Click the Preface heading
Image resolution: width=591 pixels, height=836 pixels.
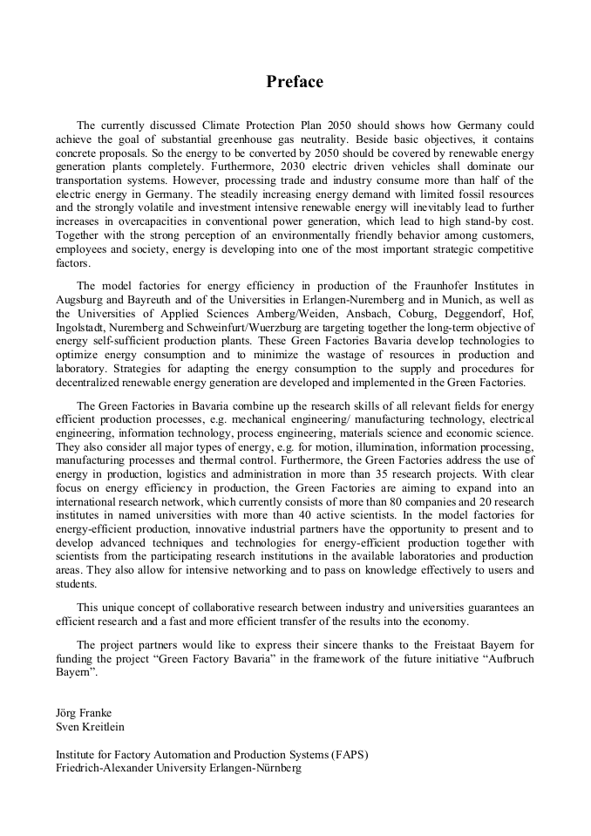pos(295,82)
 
